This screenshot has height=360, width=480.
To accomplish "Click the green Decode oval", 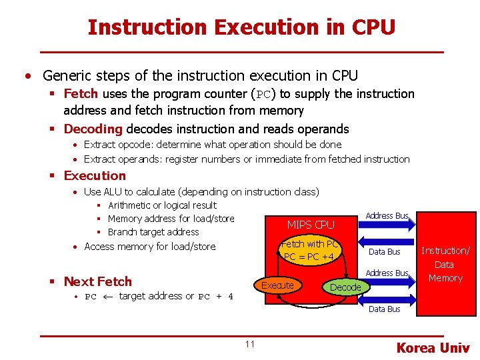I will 345,287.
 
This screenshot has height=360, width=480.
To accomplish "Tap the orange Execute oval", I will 277,285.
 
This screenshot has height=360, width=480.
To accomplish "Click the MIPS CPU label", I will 311,225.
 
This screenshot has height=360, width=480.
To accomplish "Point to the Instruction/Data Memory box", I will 445,264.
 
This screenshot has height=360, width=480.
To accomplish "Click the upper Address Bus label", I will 387,215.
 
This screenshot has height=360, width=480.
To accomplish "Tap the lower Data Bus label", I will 385,309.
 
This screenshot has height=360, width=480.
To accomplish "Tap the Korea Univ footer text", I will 433,347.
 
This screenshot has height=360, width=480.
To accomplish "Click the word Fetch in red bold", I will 81,94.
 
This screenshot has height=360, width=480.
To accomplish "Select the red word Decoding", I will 93,129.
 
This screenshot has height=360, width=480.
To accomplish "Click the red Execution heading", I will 95,175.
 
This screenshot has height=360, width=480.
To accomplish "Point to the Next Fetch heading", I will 98,281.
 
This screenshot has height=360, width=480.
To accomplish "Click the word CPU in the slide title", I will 373,27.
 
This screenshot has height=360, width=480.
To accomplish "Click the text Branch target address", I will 153,232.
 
